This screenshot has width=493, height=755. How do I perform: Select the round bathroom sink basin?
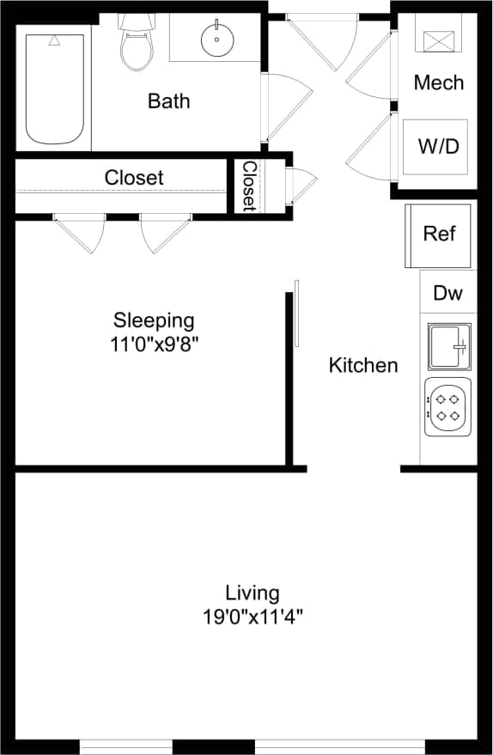pos(216,39)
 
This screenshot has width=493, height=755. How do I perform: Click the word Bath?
pos(168,101)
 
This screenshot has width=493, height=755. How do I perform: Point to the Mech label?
pos(438,82)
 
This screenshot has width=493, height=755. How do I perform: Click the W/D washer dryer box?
pos(438,146)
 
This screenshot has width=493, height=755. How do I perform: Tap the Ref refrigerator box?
pos(439,234)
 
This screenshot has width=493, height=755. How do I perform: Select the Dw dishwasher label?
pos(447,293)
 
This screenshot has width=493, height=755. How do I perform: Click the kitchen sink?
pos(448,347)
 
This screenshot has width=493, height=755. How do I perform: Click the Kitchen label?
pos(363,365)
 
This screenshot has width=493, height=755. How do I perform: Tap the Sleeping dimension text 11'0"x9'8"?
pos(155,344)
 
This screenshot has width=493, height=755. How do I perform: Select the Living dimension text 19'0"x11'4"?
pos(253,616)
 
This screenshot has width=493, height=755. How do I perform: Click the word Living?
pos(253,593)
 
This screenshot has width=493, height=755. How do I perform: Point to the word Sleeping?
pos(155,321)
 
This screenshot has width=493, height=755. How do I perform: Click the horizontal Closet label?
pos(134,178)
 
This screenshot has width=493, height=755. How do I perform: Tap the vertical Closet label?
pos(249,186)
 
